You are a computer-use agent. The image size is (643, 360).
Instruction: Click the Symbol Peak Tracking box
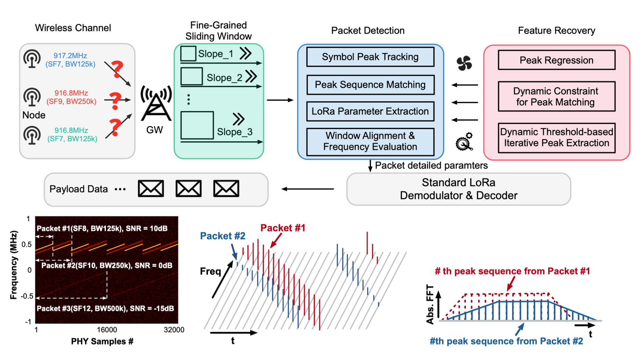coord(370,57)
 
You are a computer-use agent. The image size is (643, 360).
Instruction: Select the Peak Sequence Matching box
coord(370,85)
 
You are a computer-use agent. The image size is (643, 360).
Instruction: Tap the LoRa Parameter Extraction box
coord(370,111)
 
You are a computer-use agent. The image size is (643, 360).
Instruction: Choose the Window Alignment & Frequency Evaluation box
coord(370,141)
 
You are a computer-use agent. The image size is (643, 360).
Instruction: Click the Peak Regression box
coord(556,60)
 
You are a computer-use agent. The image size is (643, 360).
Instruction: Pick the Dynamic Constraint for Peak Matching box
coord(556,96)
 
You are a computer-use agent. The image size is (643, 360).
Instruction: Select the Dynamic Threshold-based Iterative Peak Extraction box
coord(556,137)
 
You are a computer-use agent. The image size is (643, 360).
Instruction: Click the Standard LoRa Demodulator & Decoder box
coord(458,189)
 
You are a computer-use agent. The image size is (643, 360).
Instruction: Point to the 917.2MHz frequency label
coord(70,56)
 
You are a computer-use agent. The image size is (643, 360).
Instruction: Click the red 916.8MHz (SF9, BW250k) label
coord(71,97)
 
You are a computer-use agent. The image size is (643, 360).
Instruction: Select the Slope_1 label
coord(215,54)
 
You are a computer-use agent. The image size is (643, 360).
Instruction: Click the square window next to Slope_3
coord(197,125)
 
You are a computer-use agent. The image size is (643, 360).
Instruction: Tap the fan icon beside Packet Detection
coord(464,63)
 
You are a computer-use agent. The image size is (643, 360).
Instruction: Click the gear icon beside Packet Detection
coord(464,142)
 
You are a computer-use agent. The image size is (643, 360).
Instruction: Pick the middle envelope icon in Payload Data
coord(188,189)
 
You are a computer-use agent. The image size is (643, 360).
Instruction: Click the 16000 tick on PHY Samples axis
coord(107,330)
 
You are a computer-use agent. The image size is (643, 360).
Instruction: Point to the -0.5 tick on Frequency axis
coord(27,296)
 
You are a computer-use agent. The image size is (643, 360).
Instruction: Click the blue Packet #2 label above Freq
coord(223,236)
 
